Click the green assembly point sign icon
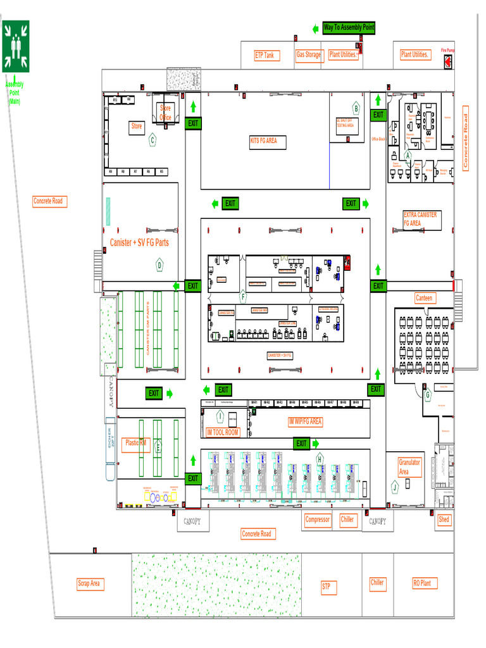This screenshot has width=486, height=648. [16, 46]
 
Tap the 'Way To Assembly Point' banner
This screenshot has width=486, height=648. [349, 27]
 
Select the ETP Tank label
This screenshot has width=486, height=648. [265, 56]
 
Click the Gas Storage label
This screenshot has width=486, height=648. [309, 55]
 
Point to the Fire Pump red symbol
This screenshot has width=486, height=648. [448, 62]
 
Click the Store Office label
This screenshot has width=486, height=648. [165, 113]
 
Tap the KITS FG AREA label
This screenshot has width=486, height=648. [268, 140]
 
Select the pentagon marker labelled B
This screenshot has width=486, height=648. [356, 109]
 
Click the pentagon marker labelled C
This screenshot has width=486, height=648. [152, 140]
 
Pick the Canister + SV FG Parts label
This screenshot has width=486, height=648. [139, 242]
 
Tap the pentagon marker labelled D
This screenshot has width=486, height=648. [159, 265]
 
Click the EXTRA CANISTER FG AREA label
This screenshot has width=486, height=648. [420, 219]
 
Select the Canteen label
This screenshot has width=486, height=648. [424, 297]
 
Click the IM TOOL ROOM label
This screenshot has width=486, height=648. [223, 432]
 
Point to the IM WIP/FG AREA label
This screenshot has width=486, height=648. [305, 421]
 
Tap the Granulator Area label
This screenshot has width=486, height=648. [409, 467]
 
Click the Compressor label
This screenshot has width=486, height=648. [318, 520]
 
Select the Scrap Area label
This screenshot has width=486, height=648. [89, 583]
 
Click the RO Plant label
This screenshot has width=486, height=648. [422, 583]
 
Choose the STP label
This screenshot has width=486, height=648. [327, 587]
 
